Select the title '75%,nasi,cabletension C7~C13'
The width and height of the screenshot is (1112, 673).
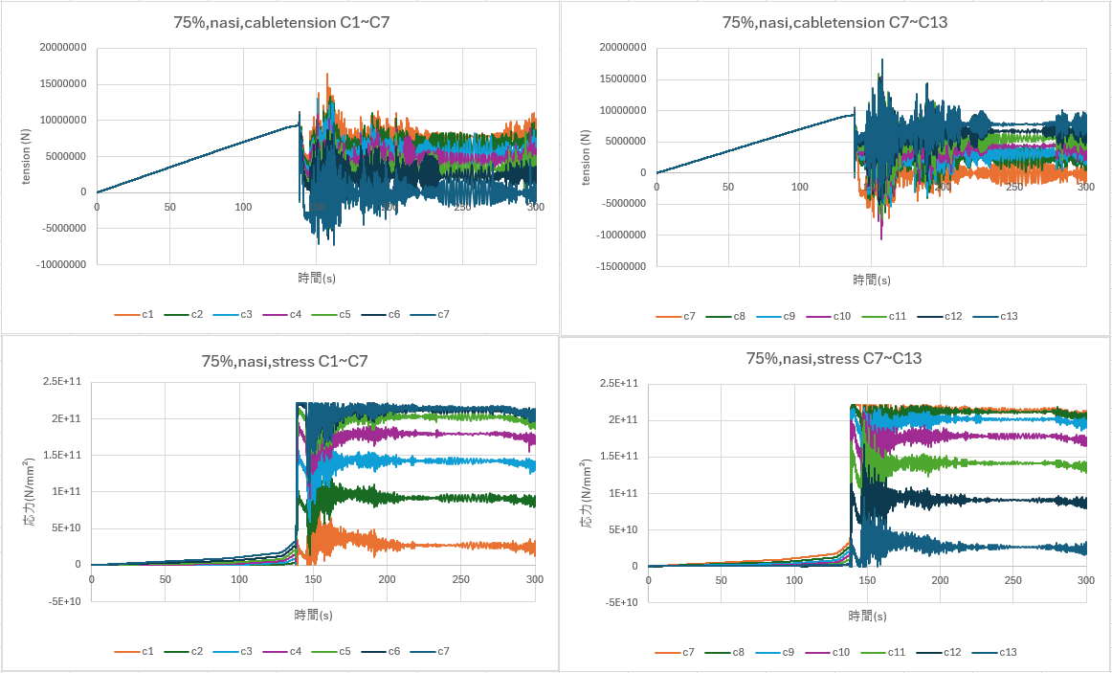click(834, 21)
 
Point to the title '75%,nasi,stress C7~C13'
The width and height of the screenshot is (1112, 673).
click(834, 358)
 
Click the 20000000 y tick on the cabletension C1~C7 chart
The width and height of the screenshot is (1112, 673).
click(60, 48)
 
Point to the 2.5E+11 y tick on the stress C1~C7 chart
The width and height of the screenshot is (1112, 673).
click(64, 382)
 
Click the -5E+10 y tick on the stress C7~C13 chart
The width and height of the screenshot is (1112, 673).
click(621, 602)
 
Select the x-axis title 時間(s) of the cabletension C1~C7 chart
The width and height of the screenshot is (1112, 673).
click(316, 278)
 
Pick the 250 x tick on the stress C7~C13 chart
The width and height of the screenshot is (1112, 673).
click(1013, 581)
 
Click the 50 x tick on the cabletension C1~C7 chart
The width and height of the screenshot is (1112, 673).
click(169, 207)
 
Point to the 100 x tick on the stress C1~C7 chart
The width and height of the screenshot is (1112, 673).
click(239, 579)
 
